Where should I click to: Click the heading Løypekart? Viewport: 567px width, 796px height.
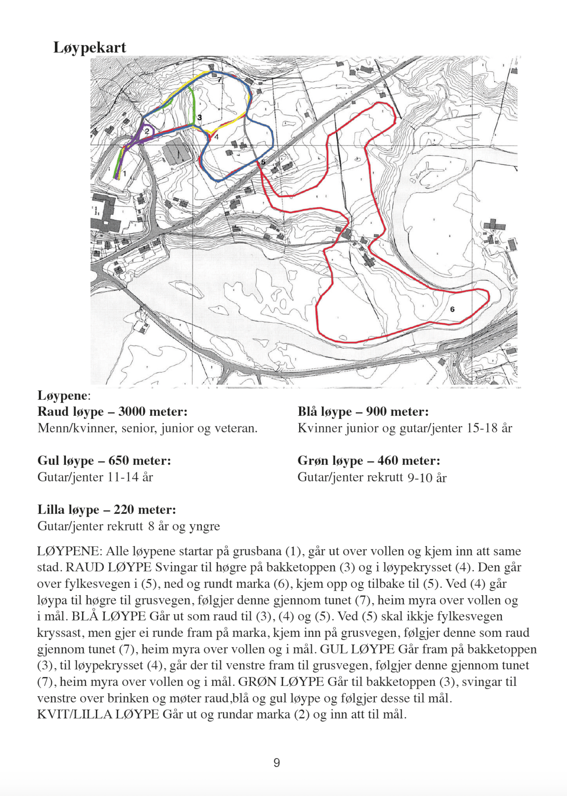pos(90,47)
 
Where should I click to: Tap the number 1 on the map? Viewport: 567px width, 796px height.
pos(125,173)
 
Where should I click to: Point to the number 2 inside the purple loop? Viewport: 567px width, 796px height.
pos(147,131)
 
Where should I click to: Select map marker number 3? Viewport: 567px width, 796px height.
pos(200,118)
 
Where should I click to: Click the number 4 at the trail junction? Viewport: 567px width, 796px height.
pos(217,137)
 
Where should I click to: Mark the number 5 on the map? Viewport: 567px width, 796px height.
pos(263,162)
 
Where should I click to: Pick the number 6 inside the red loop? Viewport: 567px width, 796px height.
pos(452,309)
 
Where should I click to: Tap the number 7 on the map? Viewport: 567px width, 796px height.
pos(219,80)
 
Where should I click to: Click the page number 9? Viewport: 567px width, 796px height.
pos(277,763)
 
